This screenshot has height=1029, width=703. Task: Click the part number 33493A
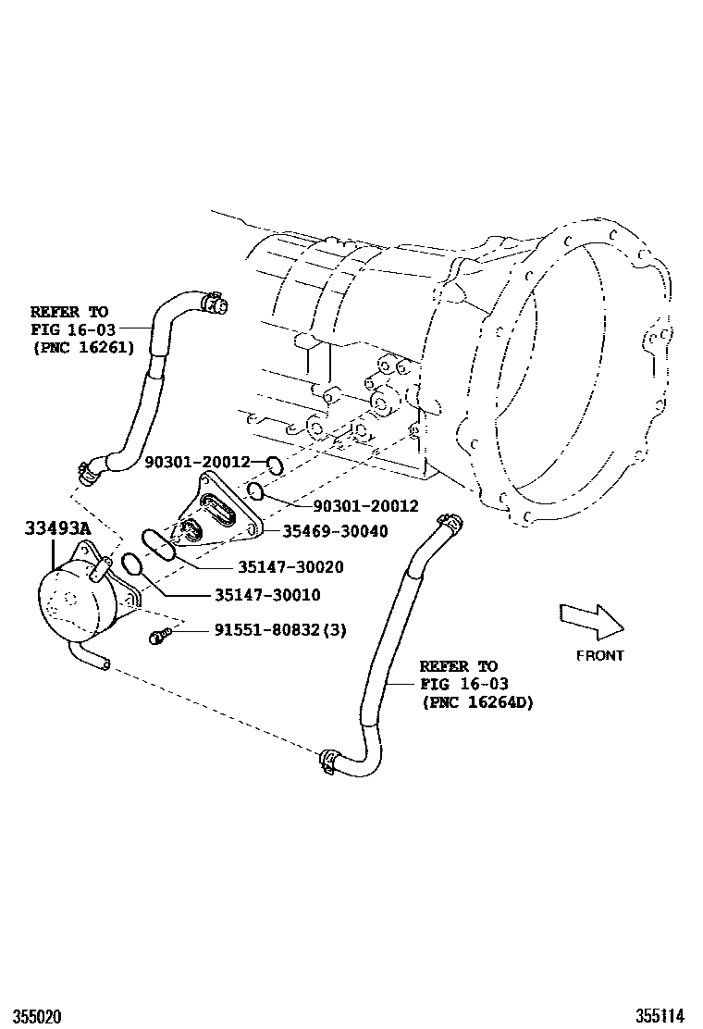pyautogui.click(x=57, y=529)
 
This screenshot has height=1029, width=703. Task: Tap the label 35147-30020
pyautogui.click(x=277, y=567)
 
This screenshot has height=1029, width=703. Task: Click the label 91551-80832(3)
pyautogui.click(x=280, y=630)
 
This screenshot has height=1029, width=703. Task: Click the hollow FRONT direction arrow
pyautogui.click(x=592, y=620)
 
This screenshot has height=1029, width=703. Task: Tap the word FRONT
pyautogui.click(x=600, y=655)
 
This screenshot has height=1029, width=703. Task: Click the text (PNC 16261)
pyautogui.click(x=82, y=347)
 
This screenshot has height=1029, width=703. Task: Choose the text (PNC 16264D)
pyautogui.click(x=477, y=702)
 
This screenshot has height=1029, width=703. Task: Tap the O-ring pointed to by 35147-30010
pyautogui.click(x=132, y=564)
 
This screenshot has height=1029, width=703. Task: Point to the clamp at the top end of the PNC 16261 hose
pyautogui.click(x=213, y=301)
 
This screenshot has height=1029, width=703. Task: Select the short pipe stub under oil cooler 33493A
pyautogui.click(x=92, y=658)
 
